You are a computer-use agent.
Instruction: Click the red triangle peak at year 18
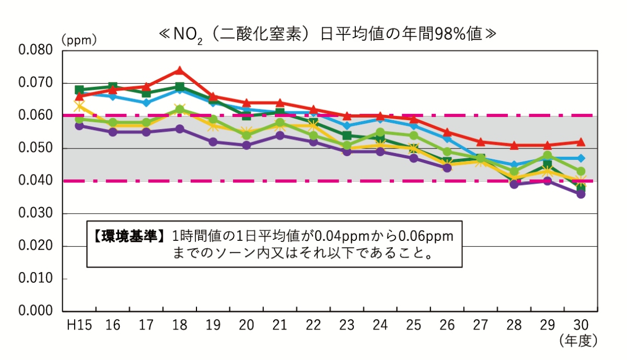coord(179,71)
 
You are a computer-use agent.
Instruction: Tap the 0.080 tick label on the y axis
coord(36,51)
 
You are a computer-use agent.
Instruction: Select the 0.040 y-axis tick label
coord(36,181)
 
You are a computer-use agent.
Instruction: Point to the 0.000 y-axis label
coord(36,311)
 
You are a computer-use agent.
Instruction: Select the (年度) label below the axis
coord(577,341)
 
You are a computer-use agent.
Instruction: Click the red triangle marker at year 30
coord(580,142)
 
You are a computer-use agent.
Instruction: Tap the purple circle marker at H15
coord(79,126)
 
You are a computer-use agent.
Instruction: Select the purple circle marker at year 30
coord(580,194)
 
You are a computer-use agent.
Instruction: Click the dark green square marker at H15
coord(79,90)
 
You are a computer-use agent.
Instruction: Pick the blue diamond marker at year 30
coord(580,158)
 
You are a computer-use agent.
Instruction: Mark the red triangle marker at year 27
coord(480,142)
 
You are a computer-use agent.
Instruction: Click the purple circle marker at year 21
coord(280,135)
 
